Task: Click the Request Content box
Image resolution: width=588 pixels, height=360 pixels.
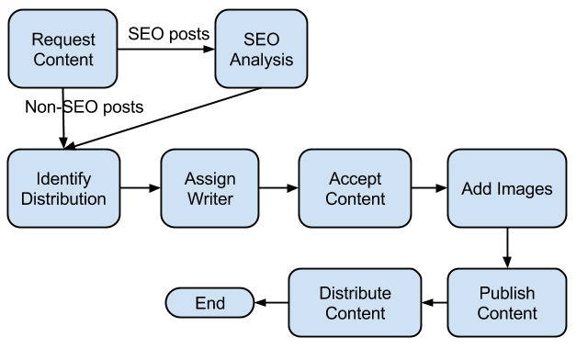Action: [x=62, y=49]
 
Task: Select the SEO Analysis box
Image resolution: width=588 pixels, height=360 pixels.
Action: [x=260, y=49]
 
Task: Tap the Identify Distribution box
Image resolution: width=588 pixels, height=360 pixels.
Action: [x=62, y=188]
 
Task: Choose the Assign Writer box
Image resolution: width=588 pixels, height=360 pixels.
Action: [x=209, y=188]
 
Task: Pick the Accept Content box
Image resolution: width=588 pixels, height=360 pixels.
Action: [x=355, y=188]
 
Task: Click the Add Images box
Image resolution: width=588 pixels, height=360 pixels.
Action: [x=506, y=188]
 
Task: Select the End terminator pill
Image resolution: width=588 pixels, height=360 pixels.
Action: [x=209, y=303]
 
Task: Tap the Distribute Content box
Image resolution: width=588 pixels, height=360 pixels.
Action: [x=355, y=303]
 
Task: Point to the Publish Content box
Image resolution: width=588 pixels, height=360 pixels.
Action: [x=506, y=303]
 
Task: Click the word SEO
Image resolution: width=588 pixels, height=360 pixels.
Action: [x=260, y=39]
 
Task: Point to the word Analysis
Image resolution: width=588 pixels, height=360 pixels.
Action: [x=260, y=60]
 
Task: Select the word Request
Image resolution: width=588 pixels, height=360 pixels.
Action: [x=62, y=39]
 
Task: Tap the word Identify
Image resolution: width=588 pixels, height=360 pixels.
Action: [x=62, y=178]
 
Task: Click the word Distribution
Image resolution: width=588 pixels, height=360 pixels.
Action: [x=62, y=198]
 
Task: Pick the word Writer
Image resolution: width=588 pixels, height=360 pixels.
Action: [x=209, y=198]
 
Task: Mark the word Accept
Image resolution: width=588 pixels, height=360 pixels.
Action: [x=355, y=178]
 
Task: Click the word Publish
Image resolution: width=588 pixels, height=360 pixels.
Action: [x=506, y=293]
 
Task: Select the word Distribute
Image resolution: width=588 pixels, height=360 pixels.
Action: [x=355, y=293]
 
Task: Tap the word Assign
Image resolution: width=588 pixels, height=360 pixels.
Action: [x=209, y=178]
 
